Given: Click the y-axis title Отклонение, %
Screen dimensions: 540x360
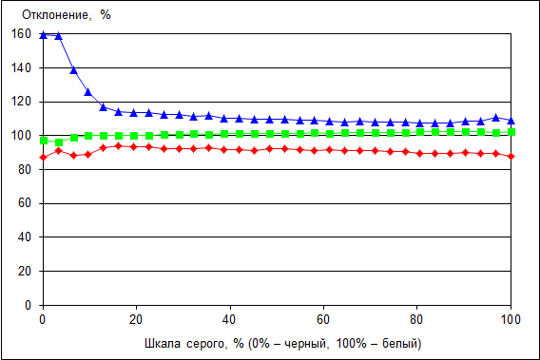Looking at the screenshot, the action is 67,15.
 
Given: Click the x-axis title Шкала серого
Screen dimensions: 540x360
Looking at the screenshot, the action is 185,344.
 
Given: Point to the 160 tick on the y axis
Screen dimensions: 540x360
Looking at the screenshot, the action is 21,34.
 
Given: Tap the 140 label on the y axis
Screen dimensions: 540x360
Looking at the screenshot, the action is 21,67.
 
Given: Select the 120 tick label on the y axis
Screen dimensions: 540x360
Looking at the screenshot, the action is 21,102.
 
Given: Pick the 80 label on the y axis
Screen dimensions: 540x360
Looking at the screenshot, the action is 25,169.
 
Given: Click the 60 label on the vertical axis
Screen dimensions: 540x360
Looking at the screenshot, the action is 25,203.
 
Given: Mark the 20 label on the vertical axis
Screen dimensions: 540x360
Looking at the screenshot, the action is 25,272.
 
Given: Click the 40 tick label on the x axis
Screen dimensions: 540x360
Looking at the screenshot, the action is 229,320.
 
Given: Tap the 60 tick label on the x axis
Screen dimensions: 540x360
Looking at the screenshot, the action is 323,320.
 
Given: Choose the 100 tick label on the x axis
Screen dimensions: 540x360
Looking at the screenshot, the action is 511,320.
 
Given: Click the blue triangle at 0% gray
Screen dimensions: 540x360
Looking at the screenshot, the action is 44,35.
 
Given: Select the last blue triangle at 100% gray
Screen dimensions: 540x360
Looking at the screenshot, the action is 511,121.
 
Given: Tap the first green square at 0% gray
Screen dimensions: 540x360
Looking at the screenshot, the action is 44,141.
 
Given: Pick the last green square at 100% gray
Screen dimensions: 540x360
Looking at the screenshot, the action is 511,132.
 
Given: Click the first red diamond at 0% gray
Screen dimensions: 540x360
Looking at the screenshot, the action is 44,158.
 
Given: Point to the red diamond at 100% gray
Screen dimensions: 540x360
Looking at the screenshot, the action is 511,156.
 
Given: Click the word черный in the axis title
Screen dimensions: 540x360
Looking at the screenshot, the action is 305,344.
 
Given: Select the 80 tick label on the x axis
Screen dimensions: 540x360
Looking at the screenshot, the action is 416,320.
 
